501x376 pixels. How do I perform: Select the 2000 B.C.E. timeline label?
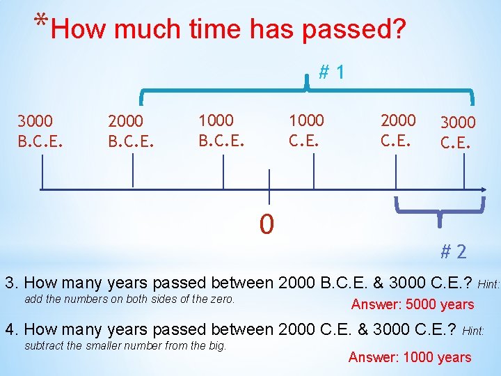pyautogui.click(x=131, y=131)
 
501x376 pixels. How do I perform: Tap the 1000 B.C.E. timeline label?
pyautogui.click(x=221, y=130)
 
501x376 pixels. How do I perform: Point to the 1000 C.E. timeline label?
pyautogui.click(x=307, y=130)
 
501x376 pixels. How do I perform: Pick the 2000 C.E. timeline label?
pyautogui.click(x=398, y=130)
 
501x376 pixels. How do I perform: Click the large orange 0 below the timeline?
pyautogui.click(x=267, y=224)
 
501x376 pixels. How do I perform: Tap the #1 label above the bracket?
pyautogui.click(x=332, y=72)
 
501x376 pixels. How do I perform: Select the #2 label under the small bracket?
pyautogui.click(x=453, y=251)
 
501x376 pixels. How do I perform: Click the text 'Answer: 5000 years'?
pyautogui.click(x=412, y=304)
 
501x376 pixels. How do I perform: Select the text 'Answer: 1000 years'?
pyautogui.click(x=409, y=357)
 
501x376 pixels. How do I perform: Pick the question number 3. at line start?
pyautogui.click(x=12, y=283)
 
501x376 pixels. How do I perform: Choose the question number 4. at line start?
pyautogui.click(x=12, y=329)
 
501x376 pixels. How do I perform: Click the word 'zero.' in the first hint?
pyautogui.click(x=221, y=299)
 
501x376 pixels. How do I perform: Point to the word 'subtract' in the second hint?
pyautogui.click(x=43, y=345)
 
